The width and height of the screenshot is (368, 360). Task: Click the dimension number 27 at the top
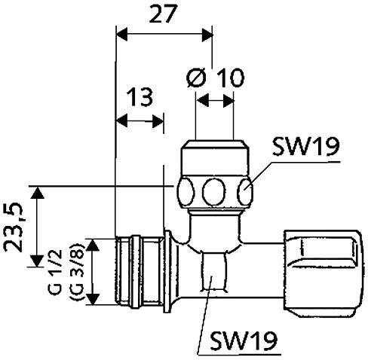tap(162, 14)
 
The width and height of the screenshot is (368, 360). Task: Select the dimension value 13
tap(140, 97)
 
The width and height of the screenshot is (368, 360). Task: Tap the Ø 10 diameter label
tap(215, 78)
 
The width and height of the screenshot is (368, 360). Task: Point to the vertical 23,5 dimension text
tap(14, 227)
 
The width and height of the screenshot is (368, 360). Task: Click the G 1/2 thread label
tap(55, 272)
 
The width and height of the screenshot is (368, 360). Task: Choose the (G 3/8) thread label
tap(77, 271)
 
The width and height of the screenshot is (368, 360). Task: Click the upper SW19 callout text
tap(306, 147)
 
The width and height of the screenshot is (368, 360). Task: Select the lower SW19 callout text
tap(244, 340)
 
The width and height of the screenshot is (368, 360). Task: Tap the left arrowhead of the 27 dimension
tap(122, 35)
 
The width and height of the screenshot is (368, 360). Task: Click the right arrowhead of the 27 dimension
tap(207, 35)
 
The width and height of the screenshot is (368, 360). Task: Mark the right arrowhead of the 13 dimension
tap(158, 121)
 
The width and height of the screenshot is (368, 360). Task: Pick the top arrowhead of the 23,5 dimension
tap(38, 193)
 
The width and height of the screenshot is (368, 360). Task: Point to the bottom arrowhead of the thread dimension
tap(93, 299)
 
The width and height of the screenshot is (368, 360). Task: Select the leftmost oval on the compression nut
tap(186, 191)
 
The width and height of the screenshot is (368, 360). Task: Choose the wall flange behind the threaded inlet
tap(167, 271)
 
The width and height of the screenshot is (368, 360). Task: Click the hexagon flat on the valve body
tap(214, 272)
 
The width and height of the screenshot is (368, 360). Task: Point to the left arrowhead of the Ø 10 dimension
tap(203, 101)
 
